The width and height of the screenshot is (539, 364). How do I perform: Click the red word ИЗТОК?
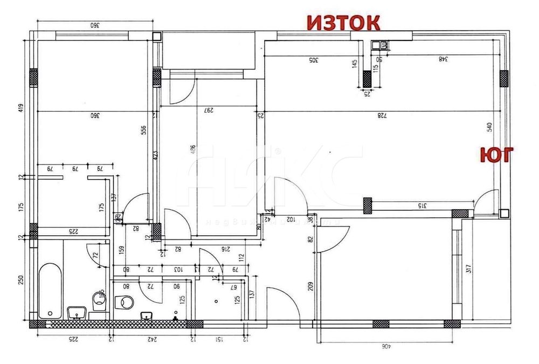click(x=343, y=23)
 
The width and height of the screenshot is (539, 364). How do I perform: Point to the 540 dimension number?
click(x=489, y=127)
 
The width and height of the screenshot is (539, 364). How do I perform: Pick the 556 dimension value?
click(x=144, y=132)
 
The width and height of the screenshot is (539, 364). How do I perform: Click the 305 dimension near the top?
click(x=312, y=60)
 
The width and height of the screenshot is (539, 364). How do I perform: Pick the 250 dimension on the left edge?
click(x=20, y=280)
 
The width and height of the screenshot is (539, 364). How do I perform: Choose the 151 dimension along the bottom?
click(x=219, y=339)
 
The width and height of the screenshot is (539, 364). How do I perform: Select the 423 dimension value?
click(x=154, y=156)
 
